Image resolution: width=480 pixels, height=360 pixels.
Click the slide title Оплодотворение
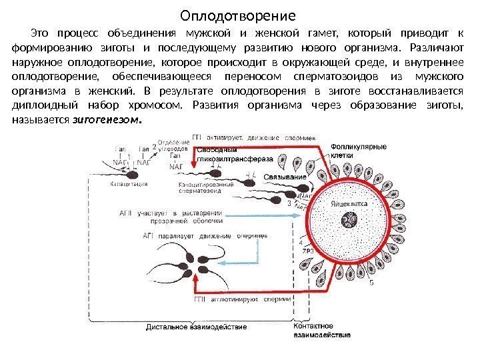pyautogui.click(x=239, y=14)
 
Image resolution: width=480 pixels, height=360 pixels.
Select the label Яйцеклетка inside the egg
pyautogui.click(x=349, y=198)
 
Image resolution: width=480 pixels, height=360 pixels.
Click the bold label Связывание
pyautogui.click(x=285, y=177)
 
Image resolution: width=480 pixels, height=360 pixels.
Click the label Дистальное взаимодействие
pyautogui.click(x=197, y=327)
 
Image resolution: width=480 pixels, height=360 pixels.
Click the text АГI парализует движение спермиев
pyautogui.click(x=205, y=235)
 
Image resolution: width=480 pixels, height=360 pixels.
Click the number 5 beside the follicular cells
pyautogui.click(x=372, y=282)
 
